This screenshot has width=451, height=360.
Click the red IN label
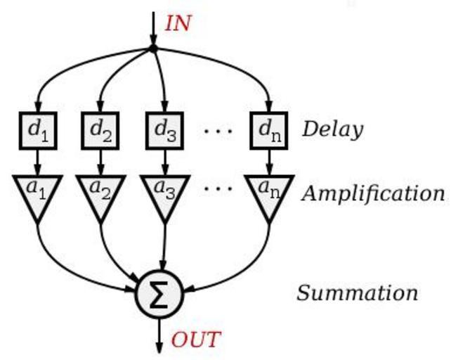[178, 22]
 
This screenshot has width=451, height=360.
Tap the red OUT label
[196, 340]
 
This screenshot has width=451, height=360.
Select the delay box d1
[38, 129]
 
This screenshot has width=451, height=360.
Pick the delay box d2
[101, 129]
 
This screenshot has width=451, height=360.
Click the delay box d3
[164, 129]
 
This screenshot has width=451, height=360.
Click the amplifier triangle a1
[38, 194]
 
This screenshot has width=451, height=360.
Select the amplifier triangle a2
[101, 194]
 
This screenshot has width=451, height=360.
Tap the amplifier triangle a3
[164, 194]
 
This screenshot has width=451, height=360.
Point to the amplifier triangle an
[270, 194]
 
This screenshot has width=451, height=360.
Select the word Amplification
[372, 193]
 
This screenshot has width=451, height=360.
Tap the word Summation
[357, 292]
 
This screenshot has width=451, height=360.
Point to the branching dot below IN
[153, 48]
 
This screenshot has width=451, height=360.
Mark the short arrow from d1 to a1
[38, 162]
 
